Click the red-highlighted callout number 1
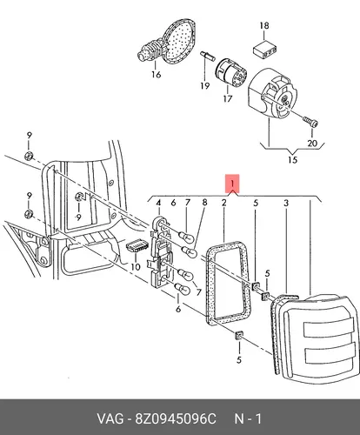(x=232, y=184)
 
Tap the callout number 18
(x=264, y=26)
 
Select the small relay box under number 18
(x=264, y=50)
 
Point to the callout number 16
(x=156, y=75)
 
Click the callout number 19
(x=204, y=86)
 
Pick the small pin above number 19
(x=207, y=56)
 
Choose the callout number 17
(x=228, y=98)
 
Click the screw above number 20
(x=310, y=122)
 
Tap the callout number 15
(x=293, y=159)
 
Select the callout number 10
(x=136, y=266)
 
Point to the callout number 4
(x=158, y=203)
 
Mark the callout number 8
(x=204, y=202)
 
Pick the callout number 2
(x=223, y=203)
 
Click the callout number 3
(x=286, y=204)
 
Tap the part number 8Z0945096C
(x=175, y=418)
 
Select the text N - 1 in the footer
(x=248, y=418)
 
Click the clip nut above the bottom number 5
(x=239, y=336)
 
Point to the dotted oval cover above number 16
(x=178, y=42)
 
